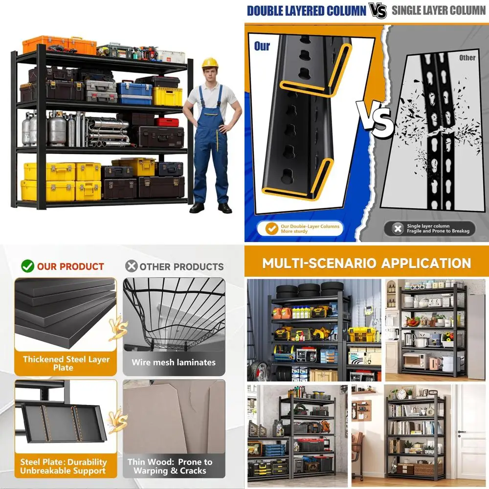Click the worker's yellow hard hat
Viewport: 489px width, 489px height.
tap(210, 63)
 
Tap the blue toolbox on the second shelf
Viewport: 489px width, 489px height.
tap(134, 92)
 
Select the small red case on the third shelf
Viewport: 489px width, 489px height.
tap(167, 122)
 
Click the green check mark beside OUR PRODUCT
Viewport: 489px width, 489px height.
tap(27, 266)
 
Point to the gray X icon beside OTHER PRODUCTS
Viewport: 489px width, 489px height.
tap(131, 266)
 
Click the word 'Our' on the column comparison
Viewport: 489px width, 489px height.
tap(262, 46)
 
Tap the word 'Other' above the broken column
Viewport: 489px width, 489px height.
tap(467, 58)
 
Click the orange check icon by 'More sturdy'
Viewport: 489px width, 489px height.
tap(271, 228)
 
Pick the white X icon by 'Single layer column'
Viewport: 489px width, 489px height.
tap(398, 228)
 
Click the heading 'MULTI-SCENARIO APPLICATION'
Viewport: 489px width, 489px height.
tap(366, 263)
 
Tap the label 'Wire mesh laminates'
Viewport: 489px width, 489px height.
tap(174, 362)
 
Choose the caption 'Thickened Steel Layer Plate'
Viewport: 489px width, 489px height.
tap(66, 363)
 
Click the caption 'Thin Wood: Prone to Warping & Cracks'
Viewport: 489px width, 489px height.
tap(170, 466)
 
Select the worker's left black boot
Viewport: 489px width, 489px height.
tap(225, 208)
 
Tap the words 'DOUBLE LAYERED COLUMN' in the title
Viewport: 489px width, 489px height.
tap(307, 11)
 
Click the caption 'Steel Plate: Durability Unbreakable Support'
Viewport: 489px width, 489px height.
tap(63, 466)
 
